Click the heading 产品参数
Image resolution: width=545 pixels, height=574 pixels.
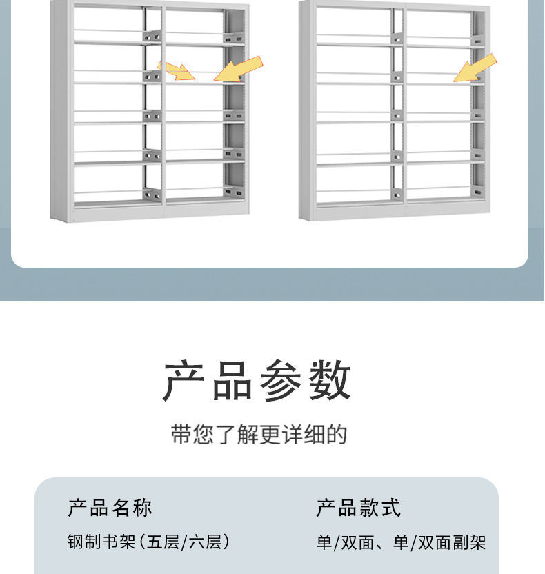(258, 381)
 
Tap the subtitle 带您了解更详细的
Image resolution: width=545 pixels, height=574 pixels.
(259, 435)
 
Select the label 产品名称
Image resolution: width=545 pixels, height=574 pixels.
(110, 508)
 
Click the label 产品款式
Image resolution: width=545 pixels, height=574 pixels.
(358, 508)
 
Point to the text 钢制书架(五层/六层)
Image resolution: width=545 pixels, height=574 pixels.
(148, 542)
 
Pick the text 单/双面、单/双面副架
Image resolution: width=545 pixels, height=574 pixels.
(401, 543)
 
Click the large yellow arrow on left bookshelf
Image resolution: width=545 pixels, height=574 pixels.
(238, 69)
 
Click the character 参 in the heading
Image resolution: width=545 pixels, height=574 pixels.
(283, 381)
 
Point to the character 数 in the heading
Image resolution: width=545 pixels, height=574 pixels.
(330, 381)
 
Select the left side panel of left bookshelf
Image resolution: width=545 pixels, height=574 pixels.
(61, 110)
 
